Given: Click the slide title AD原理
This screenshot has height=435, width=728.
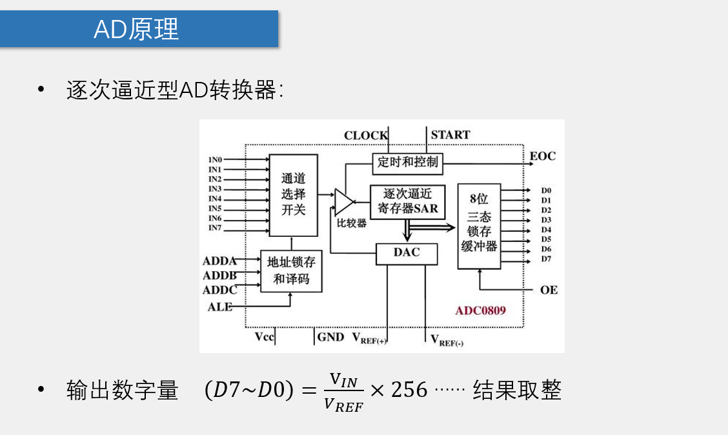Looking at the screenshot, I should [x=136, y=29].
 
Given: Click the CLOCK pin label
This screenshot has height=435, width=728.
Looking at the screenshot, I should [x=366, y=136].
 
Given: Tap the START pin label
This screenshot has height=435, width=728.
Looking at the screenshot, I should [x=450, y=135].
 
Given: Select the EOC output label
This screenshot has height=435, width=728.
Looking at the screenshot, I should [x=542, y=156].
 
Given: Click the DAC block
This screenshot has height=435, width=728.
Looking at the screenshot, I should [x=407, y=253].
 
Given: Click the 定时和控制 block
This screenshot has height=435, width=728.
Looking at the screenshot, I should [x=408, y=163].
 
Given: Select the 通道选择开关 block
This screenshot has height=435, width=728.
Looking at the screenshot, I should [x=293, y=194].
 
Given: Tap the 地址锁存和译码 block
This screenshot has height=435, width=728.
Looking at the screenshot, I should [x=291, y=270].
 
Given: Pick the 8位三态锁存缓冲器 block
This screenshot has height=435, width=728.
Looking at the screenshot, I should [x=479, y=226].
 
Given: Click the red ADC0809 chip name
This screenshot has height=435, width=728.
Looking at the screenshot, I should [x=480, y=310].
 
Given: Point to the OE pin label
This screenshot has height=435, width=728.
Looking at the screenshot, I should [x=549, y=290].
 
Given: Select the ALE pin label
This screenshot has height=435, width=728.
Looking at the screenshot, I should [x=219, y=307].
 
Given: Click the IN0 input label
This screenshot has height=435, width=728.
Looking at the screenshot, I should [x=215, y=159].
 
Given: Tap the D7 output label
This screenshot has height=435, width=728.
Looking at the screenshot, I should [x=546, y=259].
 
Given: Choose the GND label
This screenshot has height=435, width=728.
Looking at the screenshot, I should [x=330, y=337].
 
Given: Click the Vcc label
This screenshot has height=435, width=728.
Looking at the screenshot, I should [x=264, y=337].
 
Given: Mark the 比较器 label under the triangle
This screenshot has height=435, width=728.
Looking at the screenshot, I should [x=352, y=223].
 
